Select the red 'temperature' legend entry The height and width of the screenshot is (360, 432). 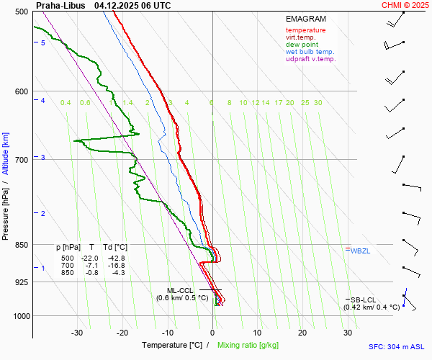[305, 30]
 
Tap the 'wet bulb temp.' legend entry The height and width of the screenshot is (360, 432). [310, 52]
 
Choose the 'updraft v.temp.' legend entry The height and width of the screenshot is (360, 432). [310, 59]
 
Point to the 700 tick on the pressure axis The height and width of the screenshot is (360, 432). [20, 159]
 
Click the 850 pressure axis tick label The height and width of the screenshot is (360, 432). [20, 245]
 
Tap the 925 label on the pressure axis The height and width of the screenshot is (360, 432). [20, 282]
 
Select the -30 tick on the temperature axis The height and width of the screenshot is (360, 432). [77, 333]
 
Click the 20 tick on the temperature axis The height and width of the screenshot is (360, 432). [302, 333]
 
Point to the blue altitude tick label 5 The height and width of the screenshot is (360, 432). [43, 43]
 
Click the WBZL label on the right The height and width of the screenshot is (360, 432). [359, 251]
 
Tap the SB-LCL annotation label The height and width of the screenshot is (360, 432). [364, 299]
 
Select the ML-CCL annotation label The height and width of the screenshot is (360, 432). [181, 290]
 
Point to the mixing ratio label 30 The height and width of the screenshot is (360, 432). [318, 103]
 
